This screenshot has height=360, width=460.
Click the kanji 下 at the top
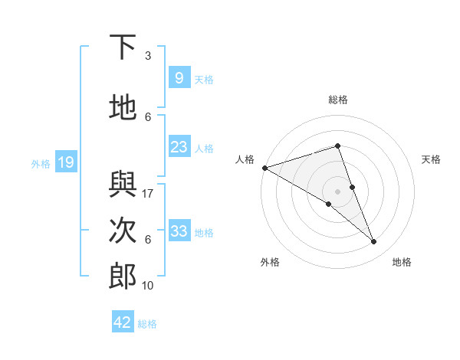123,48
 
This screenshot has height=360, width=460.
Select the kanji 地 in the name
123,108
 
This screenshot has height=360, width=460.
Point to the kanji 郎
123,277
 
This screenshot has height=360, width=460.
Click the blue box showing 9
178,77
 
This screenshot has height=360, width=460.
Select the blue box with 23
179,147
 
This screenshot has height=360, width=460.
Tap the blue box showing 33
179,231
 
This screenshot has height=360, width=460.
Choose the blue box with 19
65,162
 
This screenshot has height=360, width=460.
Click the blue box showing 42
123,322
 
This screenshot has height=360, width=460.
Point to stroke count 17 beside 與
149,194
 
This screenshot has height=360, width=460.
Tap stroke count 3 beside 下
148,56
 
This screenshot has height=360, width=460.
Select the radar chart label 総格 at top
337,100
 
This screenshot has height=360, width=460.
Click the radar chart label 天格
431,159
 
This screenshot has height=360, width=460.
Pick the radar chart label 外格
270,262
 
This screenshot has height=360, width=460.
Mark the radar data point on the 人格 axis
264,167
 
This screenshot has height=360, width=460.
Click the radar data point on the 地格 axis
374,242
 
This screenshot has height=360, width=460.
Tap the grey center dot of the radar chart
337,191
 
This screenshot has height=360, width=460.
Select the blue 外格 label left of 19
41,163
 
